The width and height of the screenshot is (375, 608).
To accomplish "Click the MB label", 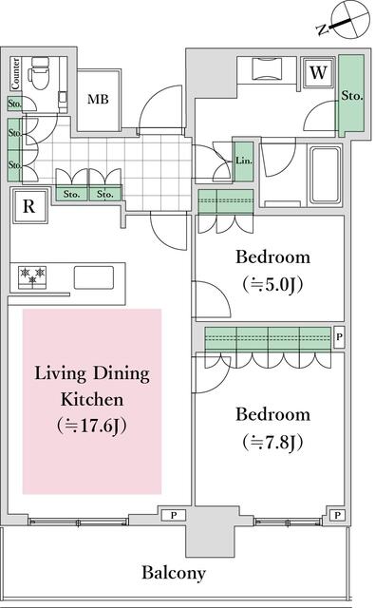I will coord(98,99).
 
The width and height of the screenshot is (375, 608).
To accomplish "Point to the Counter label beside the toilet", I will coord(16,72).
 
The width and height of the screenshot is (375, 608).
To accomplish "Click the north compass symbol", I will coord(343,19).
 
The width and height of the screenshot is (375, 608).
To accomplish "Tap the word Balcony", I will coord(174,572).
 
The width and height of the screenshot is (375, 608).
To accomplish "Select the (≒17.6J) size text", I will coord(92,426).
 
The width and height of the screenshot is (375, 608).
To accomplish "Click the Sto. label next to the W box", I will coord(352,95).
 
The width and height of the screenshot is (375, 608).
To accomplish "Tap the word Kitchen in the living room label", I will coord(91,399).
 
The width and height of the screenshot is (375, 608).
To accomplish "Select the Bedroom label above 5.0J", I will coord(272,256).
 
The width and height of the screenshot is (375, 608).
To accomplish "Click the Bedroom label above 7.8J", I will coord(272,415).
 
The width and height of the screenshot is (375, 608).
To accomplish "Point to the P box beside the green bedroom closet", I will coord(339,336).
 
